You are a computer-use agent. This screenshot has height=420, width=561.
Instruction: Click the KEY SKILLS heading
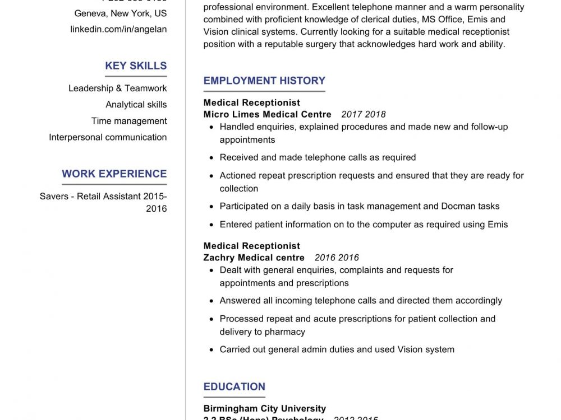pos(136,66)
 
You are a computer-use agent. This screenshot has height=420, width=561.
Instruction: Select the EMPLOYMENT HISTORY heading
pos(264,81)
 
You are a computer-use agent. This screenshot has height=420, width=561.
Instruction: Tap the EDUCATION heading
pos(234,386)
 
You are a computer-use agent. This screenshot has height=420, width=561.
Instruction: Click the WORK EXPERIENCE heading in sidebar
pos(114,174)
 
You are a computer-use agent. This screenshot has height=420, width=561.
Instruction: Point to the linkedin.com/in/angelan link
pos(118,29)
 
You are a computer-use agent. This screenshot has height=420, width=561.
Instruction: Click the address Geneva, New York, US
pos(121,13)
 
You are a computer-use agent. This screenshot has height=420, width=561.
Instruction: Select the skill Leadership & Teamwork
pos(117,88)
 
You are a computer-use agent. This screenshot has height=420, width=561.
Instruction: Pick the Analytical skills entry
pos(136,104)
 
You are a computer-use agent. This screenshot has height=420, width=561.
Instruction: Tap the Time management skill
pos(129,121)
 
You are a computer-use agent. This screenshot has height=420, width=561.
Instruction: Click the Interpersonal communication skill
pos(108,137)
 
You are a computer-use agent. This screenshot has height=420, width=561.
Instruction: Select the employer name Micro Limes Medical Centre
pos(267,114)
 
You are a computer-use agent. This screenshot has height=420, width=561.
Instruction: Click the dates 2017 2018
pos(364,114)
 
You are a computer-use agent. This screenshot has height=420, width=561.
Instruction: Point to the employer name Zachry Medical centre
pos(254,258)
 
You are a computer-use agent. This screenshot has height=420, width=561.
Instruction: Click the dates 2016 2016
pos(337,258)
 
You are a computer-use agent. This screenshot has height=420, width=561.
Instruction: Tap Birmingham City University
pos(264,408)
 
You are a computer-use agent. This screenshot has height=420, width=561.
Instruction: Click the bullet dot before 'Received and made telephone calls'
pos(211,158)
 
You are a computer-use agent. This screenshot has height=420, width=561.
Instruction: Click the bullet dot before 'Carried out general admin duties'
pos(211,350)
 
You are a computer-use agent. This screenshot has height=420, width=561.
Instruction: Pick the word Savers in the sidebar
pos(54,197)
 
